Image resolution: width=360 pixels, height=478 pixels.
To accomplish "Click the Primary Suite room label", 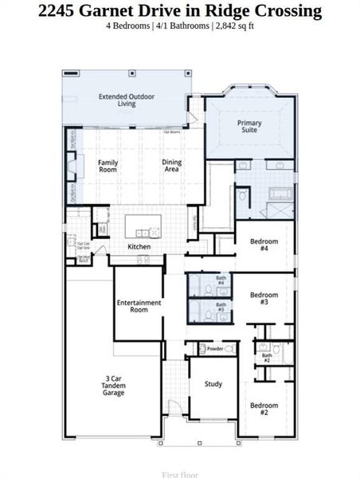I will click(249, 127).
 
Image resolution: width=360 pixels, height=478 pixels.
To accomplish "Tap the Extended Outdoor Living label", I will click(127, 100).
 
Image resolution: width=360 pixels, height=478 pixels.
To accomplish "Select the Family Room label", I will click(108, 166).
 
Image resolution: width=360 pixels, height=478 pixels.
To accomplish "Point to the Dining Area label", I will click(172, 166).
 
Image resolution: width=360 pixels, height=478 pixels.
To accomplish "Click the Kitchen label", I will click(139, 247).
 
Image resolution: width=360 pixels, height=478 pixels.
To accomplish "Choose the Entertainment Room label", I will click(139, 306).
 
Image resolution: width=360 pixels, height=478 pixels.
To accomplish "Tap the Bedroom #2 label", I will click(264, 409).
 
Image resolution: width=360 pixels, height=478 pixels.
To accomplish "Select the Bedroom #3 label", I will click(264, 299).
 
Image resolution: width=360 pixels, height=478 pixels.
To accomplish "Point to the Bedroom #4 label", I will click(264, 245).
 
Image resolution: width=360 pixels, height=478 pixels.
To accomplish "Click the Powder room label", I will click(214, 349).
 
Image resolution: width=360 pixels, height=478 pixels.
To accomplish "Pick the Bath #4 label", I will click(221, 281).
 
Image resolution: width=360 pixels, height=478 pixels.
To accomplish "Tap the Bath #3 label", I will click(221, 307).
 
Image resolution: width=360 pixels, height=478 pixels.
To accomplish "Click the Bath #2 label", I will click(267, 358).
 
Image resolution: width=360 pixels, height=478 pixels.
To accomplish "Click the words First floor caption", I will click(180, 474).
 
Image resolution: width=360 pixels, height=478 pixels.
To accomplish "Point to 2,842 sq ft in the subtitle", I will click(230, 25).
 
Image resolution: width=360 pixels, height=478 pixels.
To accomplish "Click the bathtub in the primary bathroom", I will click(281, 193).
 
